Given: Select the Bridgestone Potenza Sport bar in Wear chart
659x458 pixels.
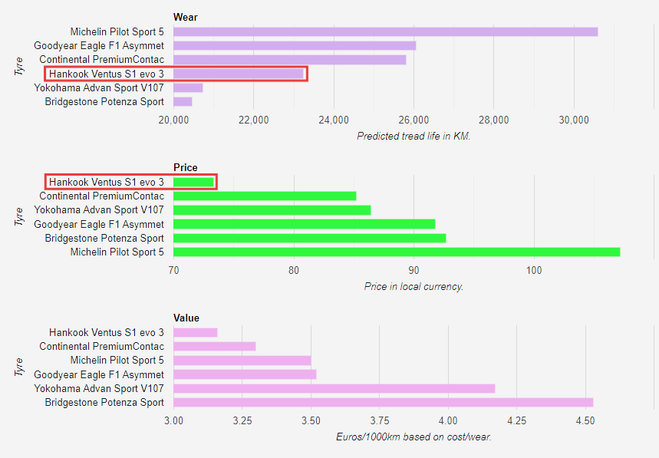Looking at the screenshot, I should point(183,101).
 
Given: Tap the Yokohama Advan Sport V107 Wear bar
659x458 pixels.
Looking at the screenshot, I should point(188,87).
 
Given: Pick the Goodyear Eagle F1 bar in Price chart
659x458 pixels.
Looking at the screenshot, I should point(304,224).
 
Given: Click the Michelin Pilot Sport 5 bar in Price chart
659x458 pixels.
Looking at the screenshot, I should point(396,252).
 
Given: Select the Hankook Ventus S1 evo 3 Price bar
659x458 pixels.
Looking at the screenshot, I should point(193,182).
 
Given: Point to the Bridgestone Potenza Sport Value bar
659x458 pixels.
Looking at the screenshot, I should point(383,402).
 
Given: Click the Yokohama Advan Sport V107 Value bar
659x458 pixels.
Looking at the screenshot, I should point(334,388).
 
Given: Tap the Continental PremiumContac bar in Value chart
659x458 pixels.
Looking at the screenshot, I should point(214,346).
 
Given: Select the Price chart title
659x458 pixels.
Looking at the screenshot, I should point(185,167).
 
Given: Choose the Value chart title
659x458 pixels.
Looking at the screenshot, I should point(186,318).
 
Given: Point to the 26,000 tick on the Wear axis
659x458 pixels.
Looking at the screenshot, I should point(414,120).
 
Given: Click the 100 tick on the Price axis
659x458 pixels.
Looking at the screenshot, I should point(534,270).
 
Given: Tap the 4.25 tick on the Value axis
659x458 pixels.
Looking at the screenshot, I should point(516,420).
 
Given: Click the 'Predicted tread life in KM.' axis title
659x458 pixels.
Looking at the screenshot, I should point(414,136).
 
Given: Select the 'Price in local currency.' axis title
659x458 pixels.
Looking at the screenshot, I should point(414,286).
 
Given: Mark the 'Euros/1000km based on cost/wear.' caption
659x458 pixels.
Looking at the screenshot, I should point(414,437).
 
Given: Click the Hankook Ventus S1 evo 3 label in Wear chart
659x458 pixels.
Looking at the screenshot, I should point(107,74).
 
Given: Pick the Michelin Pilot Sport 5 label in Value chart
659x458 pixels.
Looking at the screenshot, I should point(117,360).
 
